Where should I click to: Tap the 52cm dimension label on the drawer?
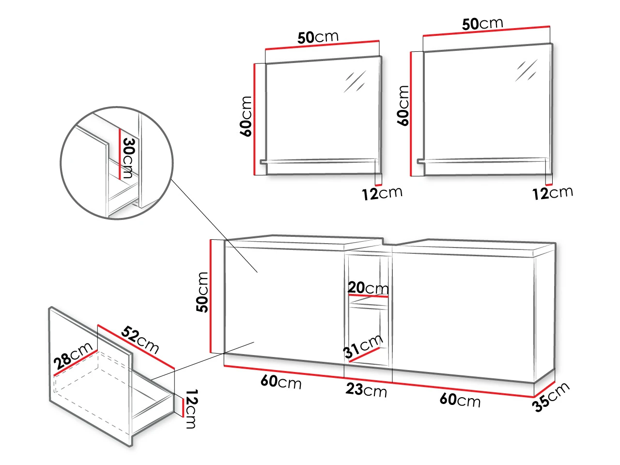click(x=140, y=340)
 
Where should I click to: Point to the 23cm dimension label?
click(x=366, y=390)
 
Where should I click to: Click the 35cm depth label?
click(x=551, y=397)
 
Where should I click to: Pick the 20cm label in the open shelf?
click(x=368, y=288)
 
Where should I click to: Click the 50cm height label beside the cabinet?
click(x=202, y=292)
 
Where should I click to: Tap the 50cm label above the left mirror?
click(x=318, y=37)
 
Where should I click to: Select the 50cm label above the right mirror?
click(x=482, y=24)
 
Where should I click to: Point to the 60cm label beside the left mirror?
click(x=246, y=116)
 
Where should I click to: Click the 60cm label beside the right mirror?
click(x=403, y=105)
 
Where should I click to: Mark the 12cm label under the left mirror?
click(x=382, y=193)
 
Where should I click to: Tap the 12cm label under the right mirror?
click(x=553, y=193)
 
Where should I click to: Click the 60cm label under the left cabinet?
click(x=281, y=382)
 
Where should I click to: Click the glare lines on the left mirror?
click(x=355, y=81)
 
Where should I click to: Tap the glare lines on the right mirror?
click(x=526, y=70)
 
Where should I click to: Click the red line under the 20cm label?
click(x=368, y=296)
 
